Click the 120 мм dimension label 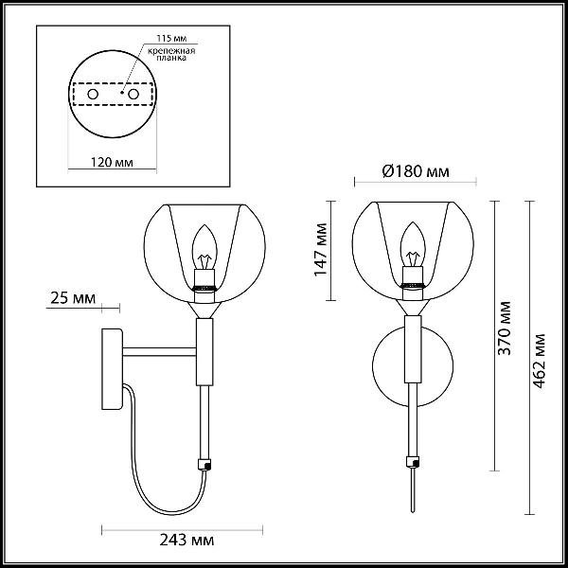coord(112,162)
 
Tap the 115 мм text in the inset coord(171,38)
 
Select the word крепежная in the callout coord(171,51)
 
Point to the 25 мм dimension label coord(73,298)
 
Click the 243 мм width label coord(186,541)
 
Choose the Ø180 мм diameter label coord(416,171)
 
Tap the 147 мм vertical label coord(321,250)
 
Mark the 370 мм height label coord(504,328)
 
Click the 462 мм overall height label coord(539,361)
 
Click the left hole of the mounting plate coord(93,94)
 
